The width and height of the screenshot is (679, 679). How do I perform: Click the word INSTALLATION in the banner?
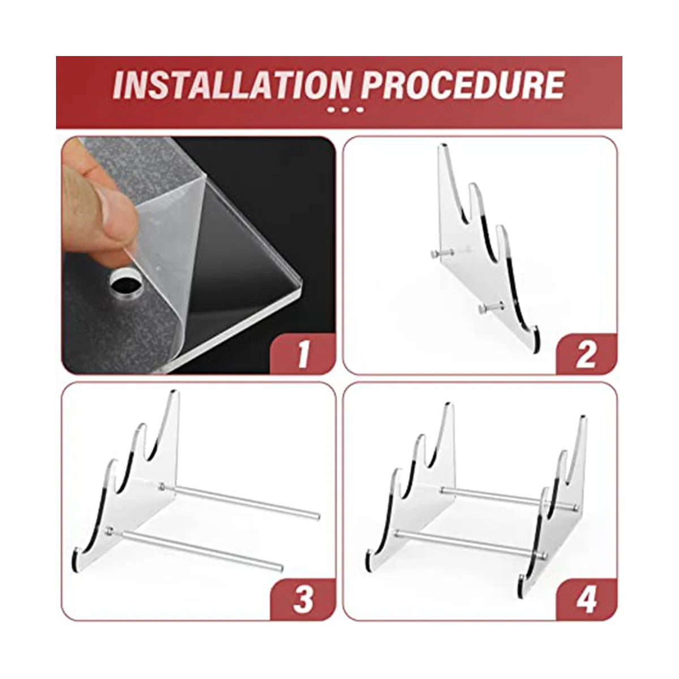tap(233, 85)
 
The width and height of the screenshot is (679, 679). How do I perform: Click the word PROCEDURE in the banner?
tap(463, 85)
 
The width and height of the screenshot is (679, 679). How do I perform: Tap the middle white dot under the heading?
tap(345, 110)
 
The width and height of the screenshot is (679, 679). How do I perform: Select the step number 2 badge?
tap(586, 354)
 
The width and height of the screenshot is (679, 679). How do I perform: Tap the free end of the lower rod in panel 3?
tap(281, 568)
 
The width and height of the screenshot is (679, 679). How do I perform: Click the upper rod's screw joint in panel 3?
tap(162, 487)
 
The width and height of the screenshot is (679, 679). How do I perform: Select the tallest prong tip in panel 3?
tap(174, 392)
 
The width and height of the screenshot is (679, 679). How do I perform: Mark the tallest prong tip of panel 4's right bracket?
tap(583, 418)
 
